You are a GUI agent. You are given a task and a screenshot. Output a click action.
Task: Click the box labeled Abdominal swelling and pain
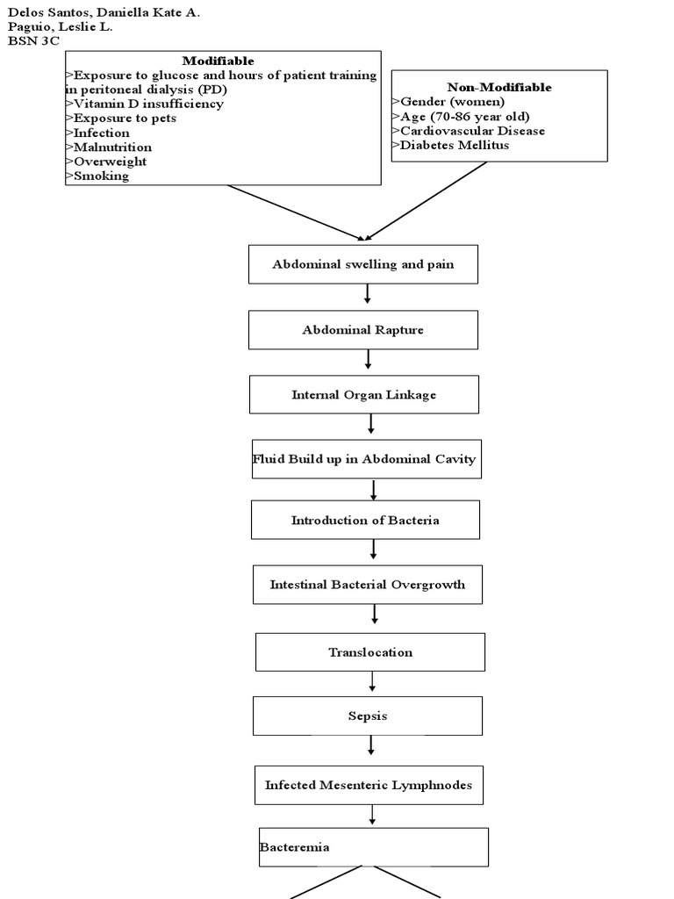click(x=363, y=264)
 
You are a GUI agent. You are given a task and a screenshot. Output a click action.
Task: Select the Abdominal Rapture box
click(x=363, y=330)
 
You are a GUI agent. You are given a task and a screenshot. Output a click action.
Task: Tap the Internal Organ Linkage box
click(x=363, y=395)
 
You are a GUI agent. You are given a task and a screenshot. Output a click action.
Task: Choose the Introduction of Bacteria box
click(x=365, y=520)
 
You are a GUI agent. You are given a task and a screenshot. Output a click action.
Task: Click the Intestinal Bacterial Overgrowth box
click(x=367, y=585)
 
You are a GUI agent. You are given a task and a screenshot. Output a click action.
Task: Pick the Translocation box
click(x=369, y=652)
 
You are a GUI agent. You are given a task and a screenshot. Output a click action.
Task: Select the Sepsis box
click(x=367, y=716)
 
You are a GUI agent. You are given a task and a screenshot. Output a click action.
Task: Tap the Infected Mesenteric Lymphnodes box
click(x=369, y=785)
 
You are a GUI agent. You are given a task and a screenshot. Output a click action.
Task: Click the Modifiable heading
click(x=218, y=61)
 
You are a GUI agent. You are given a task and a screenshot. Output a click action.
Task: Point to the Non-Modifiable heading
click(x=498, y=87)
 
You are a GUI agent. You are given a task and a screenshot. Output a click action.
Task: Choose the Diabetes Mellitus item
click(x=454, y=145)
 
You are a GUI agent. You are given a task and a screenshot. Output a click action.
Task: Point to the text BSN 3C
click(x=33, y=40)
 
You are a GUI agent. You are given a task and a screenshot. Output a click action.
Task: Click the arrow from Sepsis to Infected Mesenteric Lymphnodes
click(x=371, y=745)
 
